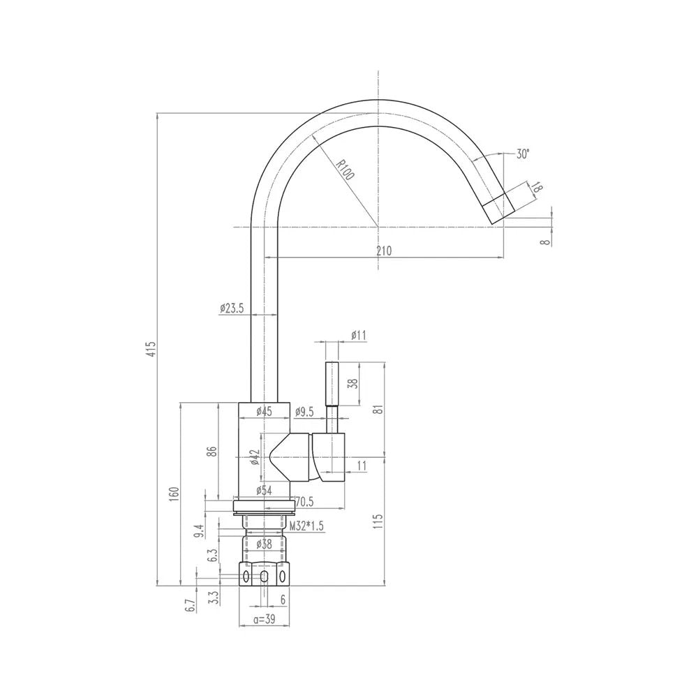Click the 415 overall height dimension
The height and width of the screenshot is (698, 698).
pos(151,350)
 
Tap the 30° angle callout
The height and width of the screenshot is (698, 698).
pos(523,154)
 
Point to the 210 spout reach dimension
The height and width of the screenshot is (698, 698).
pos(384,251)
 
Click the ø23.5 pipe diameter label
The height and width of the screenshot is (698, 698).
pos(232,308)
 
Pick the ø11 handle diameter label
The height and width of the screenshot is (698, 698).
pos(358,335)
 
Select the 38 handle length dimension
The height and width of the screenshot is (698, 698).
pos(352,383)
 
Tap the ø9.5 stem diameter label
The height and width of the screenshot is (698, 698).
pos(304,413)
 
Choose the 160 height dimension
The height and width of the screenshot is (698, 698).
pos(174,494)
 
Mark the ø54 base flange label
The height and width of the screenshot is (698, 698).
pos(264,490)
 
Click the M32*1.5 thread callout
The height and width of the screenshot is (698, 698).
pos(306,526)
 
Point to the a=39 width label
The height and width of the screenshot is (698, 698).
pos(265,618)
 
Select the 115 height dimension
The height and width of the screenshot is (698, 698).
pos(378,521)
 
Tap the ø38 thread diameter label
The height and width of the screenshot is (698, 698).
pos(264,543)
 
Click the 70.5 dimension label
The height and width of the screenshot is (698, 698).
pos(304,502)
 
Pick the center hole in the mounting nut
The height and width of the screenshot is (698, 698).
pos(264,577)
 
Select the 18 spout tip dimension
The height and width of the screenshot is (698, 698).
pos(537,187)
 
